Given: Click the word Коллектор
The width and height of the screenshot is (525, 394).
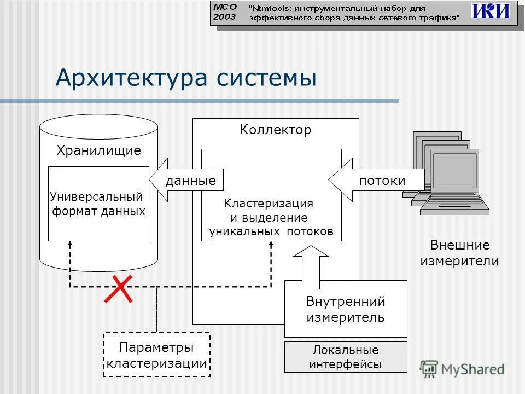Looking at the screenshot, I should click(275, 130).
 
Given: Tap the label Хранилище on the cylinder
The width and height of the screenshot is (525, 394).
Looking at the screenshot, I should click(98, 150).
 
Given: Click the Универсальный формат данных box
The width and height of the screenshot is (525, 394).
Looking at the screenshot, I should click(98, 204).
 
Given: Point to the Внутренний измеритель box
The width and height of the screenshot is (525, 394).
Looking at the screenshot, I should click(346, 309).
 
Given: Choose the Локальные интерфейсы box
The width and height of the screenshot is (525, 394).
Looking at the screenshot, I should click(346, 357).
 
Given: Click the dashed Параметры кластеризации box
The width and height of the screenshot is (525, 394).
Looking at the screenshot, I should click(156, 355).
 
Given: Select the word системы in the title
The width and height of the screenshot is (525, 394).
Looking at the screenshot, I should click(266, 78).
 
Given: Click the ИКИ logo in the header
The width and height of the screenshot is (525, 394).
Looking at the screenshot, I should click(491, 11).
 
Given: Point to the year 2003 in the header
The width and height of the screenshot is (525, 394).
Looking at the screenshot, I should click(224, 17).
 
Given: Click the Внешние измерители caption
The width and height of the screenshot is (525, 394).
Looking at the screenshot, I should click(459, 253).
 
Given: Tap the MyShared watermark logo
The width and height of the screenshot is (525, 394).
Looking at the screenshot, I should click(463, 368).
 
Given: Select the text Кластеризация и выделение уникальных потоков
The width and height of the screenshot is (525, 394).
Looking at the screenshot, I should click(271, 217).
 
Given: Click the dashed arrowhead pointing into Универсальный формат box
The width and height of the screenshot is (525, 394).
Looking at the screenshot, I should click(70, 244).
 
